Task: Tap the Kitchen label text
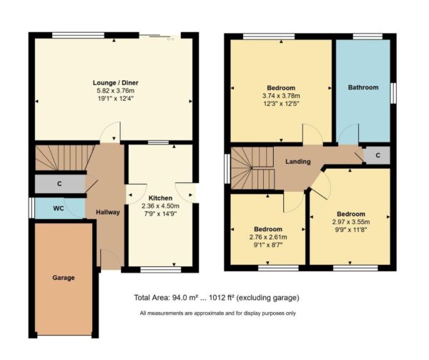click(160, 198)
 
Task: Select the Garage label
click(64, 277)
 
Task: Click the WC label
click(60, 208)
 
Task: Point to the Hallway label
click(107, 213)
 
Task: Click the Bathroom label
click(363, 88)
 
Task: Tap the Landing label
click(298, 162)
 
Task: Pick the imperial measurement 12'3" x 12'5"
click(281, 103)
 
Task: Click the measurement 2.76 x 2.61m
click(267, 238)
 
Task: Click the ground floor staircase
click(61, 157)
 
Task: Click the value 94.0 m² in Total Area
click(188, 297)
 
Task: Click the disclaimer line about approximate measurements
click(217, 313)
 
